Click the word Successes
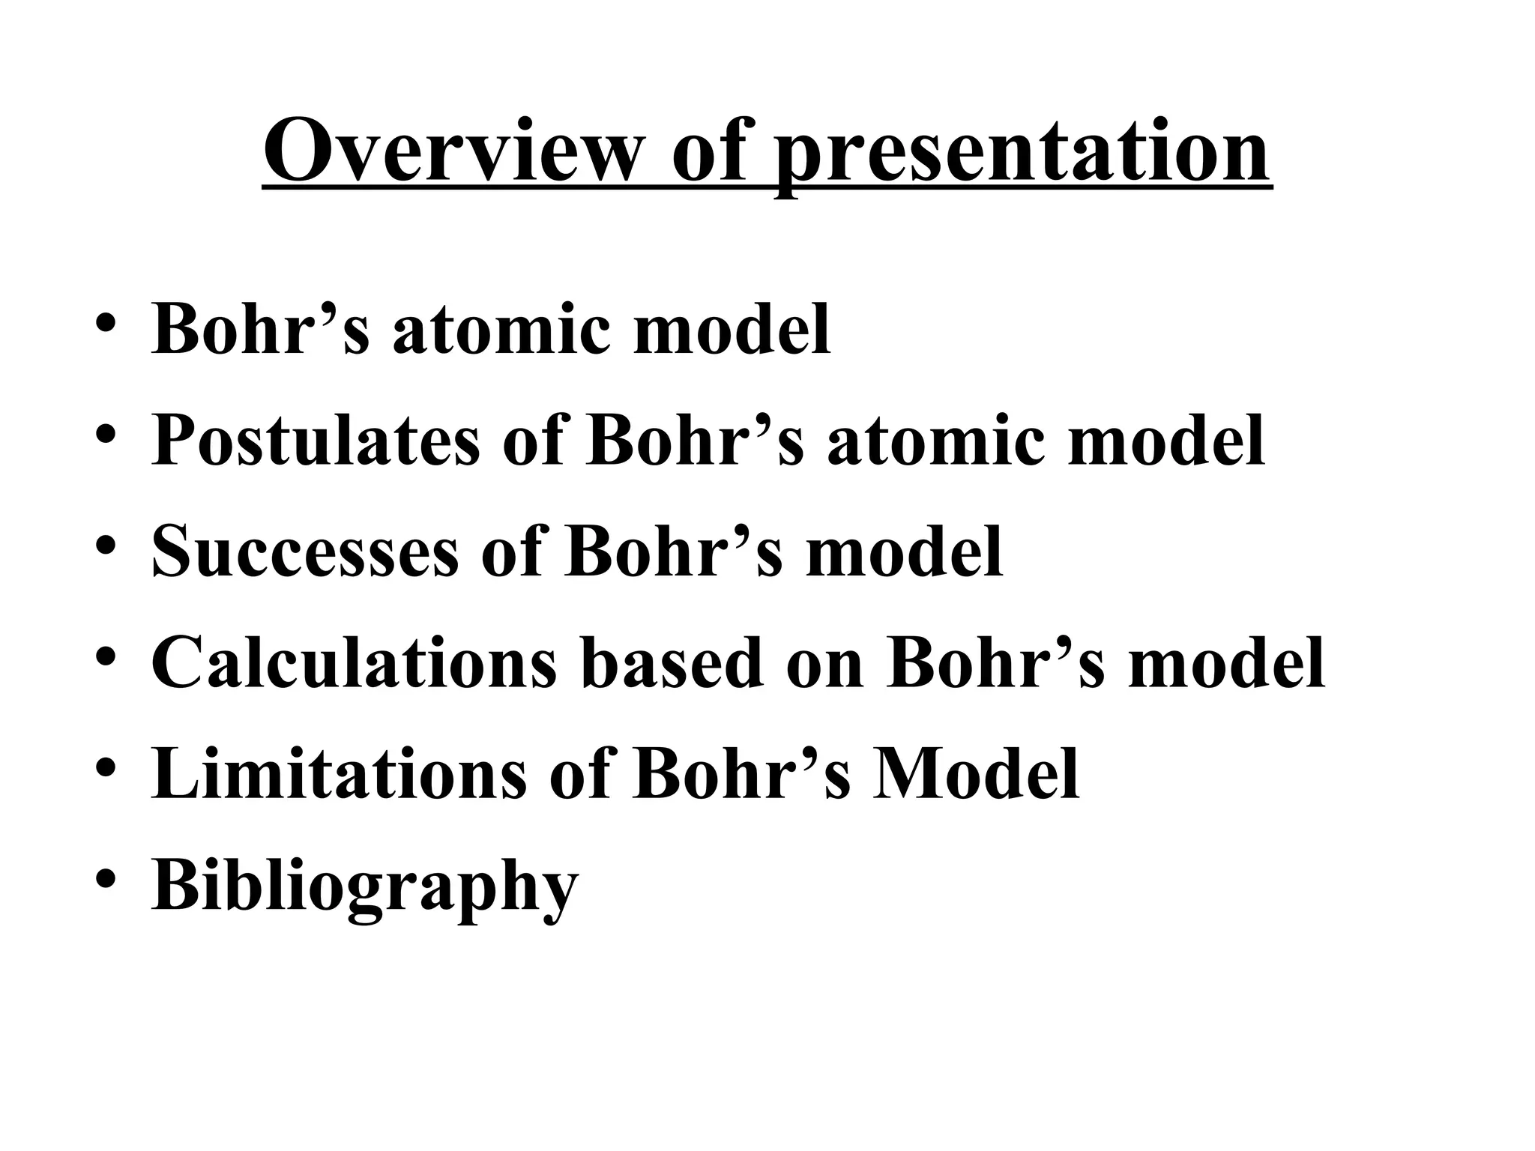point(305,552)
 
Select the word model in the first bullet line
point(732,329)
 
